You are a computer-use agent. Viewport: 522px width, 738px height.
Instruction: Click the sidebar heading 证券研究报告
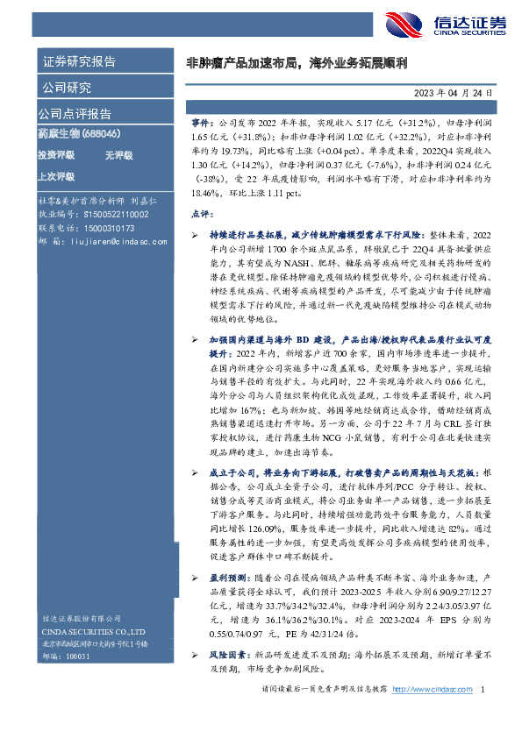(78, 61)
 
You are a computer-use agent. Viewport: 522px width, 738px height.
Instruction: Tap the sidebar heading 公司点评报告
(75, 114)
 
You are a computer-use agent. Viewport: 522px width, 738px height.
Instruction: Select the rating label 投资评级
(55, 155)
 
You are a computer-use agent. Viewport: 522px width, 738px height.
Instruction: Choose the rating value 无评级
(118, 155)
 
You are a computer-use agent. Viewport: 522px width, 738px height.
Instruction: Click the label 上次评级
(55, 175)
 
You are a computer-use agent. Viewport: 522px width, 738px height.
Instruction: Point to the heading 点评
(200, 214)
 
